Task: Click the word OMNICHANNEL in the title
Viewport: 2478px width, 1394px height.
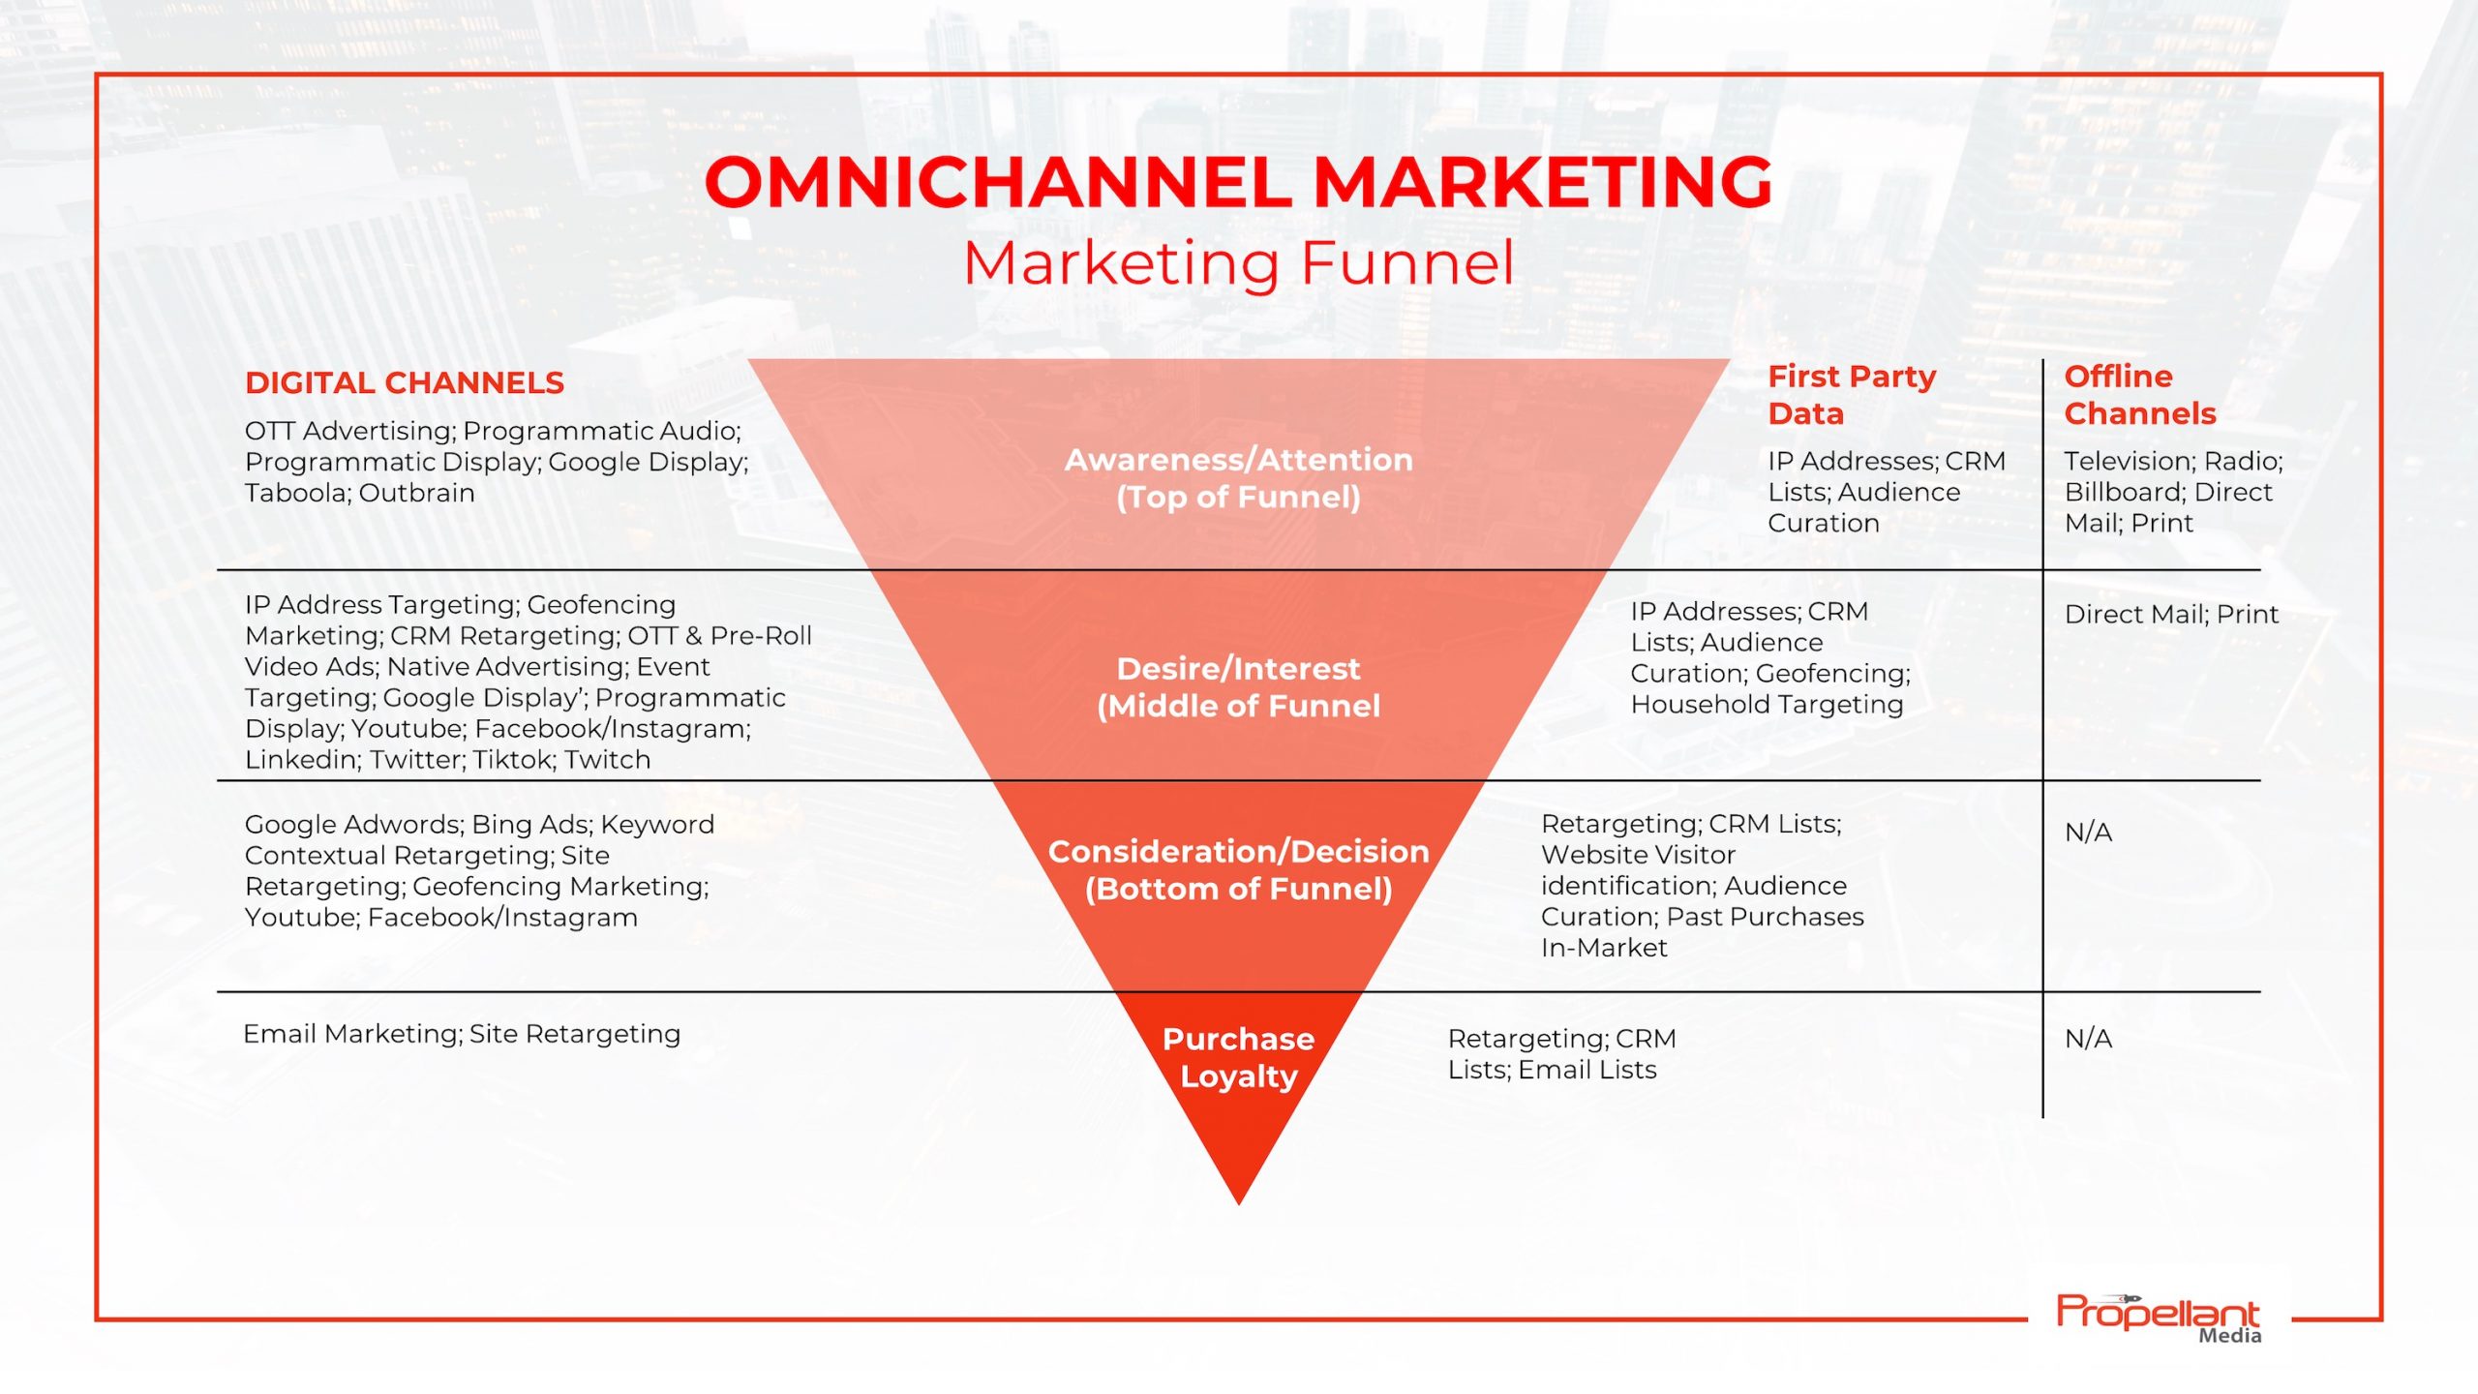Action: pos(999,182)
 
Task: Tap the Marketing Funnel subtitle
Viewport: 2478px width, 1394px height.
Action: pos(1239,263)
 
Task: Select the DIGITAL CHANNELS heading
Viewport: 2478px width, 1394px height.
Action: pos(405,382)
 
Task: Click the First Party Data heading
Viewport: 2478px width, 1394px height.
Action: pos(1852,395)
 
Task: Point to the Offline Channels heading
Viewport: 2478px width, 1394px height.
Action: pos(2140,395)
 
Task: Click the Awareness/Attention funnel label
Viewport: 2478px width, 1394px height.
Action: pos(1239,478)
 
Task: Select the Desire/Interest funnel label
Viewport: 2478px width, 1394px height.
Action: pos(1239,687)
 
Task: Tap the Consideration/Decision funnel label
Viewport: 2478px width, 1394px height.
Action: pos(1239,870)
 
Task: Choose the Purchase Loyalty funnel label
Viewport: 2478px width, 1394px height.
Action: pos(1239,1057)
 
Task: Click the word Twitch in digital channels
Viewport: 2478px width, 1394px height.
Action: pos(608,760)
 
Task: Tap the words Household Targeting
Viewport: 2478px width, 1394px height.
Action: pos(1767,705)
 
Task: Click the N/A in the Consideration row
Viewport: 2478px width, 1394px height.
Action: pos(2088,833)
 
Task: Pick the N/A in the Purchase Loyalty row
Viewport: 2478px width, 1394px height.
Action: pos(2088,1039)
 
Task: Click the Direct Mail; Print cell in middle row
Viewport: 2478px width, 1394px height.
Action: pos(2171,614)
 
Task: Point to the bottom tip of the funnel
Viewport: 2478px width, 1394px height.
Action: pos(1239,1204)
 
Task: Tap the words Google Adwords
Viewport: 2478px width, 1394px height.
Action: pos(354,825)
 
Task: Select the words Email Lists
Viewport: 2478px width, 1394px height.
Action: pos(1587,1070)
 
